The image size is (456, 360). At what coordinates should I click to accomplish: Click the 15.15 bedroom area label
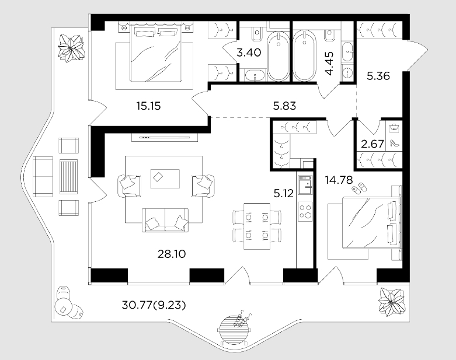(x=148, y=106)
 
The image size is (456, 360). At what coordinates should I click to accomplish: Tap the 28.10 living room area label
(x=172, y=254)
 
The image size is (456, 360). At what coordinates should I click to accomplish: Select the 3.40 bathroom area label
(x=249, y=53)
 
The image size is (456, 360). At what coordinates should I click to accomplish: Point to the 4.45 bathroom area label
(x=330, y=64)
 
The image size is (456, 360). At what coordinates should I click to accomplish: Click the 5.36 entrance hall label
(x=378, y=76)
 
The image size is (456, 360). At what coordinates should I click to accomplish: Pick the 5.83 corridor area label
(x=284, y=106)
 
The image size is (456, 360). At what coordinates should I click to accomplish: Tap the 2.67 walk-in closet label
(x=373, y=144)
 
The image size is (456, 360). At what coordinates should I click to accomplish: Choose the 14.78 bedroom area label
(x=339, y=180)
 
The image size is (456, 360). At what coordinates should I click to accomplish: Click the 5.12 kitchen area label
(x=284, y=193)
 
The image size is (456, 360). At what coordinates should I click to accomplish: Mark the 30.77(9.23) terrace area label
(x=154, y=305)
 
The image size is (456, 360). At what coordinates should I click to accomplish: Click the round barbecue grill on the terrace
(x=234, y=328)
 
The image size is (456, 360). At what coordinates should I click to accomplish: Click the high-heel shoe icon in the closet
(x=394, y=143)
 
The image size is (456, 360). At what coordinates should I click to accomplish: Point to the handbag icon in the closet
(x=394, y=127)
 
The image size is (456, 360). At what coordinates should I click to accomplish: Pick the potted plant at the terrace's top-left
(x=71, y=48)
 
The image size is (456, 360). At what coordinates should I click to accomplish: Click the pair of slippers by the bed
(x=359, y=187)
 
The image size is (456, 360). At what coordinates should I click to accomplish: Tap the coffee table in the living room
(x=165, y=179)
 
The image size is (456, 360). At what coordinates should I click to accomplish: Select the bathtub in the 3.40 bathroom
(x=279, y=56)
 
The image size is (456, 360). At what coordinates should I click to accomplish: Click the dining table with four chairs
(x=257, y=226)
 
